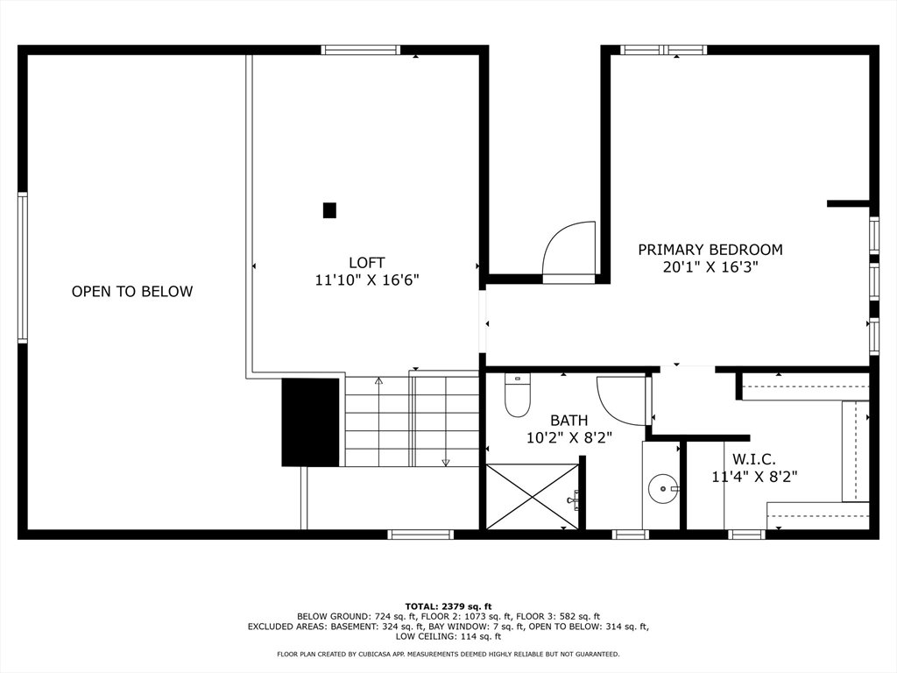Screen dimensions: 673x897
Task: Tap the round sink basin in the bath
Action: pyautogui.click(x=663, y=487)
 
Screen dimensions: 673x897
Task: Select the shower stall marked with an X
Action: pyautogui.click(x=532, y=496)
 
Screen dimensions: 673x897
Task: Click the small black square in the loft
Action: pyautogui.click(x=329, y=210)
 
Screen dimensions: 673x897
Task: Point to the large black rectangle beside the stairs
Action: pyautogui.click(x=310, y=422)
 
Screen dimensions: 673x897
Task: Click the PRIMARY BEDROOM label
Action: pyautogui.click(x=710, y=250)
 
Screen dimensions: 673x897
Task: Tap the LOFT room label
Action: pyautogui.click(x=366, y=263)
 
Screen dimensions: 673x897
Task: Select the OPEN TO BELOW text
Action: pyautogui.click(x=132, y=292)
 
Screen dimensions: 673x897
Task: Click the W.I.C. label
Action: pyautogui.click(x=753, y=458)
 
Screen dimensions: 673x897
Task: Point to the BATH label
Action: pyautogui.click(x=569, y=421)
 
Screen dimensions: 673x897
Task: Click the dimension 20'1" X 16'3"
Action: pyautogui.click(x=710, y=268)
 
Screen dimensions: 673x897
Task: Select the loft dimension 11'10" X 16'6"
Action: pyautogui.click(x=367, y=280)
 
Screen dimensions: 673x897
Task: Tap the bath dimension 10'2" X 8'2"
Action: pyautogui.click(x=569, y=438)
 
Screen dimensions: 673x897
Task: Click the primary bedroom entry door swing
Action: pyautogui.click(x=570, y=251)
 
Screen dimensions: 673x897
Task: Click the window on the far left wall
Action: pyautogui.click(x=23, y=267)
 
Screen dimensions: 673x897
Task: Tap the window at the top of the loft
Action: pyautogui.click(x=361, y=50)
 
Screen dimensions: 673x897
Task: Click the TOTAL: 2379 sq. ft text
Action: pyautogui.click(x=448, y=606)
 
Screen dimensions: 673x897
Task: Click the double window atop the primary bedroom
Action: pyautogui.click(x=663, y=50)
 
